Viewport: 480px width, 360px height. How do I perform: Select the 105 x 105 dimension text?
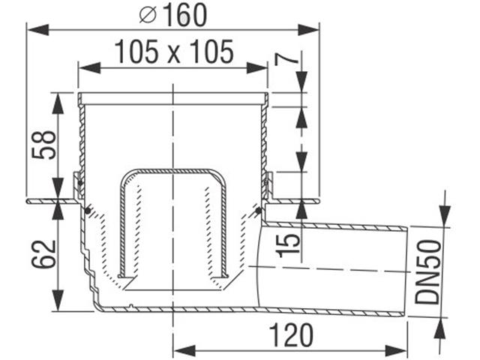click(174, 52)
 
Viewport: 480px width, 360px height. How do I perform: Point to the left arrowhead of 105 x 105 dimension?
click(85, 67)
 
